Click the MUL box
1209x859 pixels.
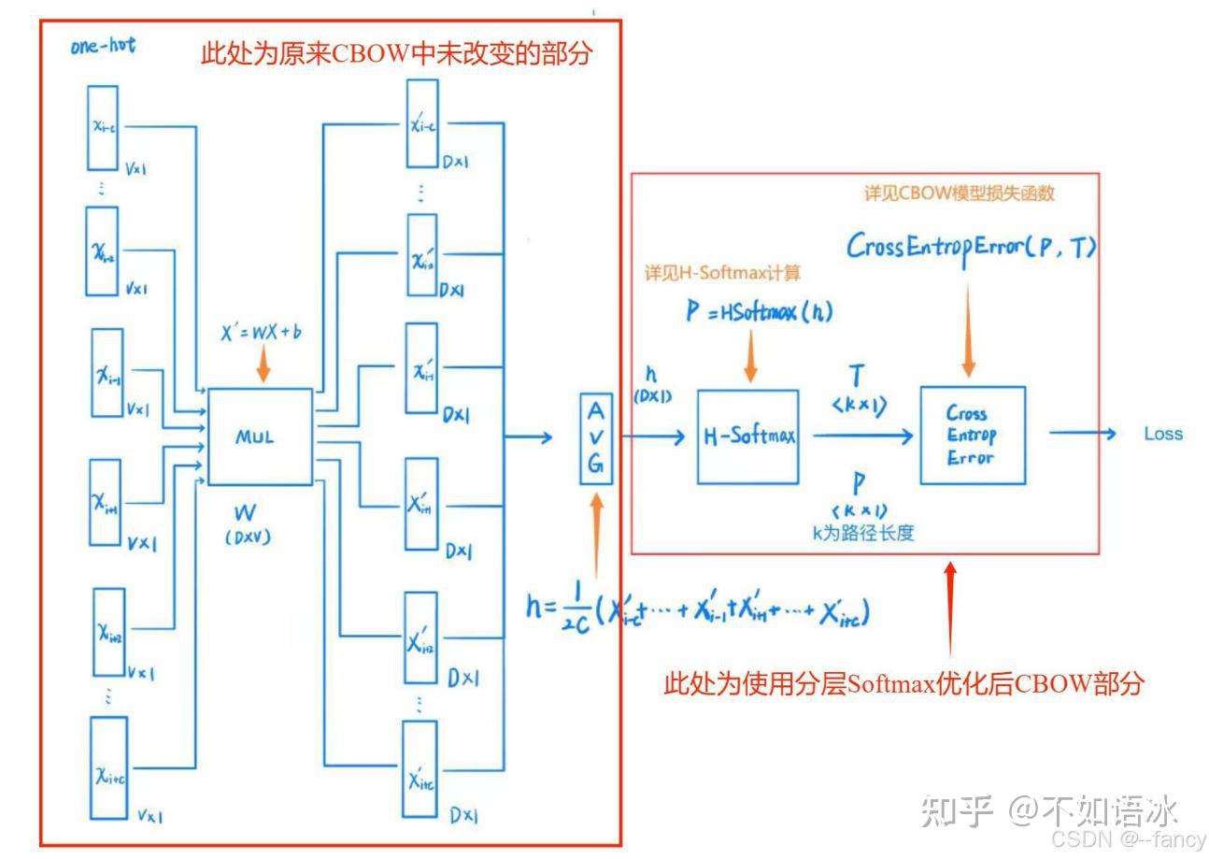(x=260, y=437)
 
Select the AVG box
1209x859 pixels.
(x=597, y=438)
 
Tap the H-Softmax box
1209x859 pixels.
(x=747, y=437)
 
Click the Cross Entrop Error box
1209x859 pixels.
(x=972, y=435)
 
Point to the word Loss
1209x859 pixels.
(x=1163, y=434)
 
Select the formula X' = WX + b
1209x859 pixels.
(x=261, y=332)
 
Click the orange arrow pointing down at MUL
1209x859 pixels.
(x=263, y=365)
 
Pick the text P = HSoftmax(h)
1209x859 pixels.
(x=759, y=312)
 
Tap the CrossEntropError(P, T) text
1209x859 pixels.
(x=972, y=246)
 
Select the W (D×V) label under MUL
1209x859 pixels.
(x=248, y=524)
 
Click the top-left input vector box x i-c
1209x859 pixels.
(x=103, y=127)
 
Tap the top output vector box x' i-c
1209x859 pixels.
(x=422, y=123)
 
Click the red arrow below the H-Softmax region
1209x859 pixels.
(x=950, y=608)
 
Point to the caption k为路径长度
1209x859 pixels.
(x=862, y=533)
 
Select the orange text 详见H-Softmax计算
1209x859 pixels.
(x=722, y=273)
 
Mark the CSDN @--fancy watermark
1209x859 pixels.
(x=1128, y=839)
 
